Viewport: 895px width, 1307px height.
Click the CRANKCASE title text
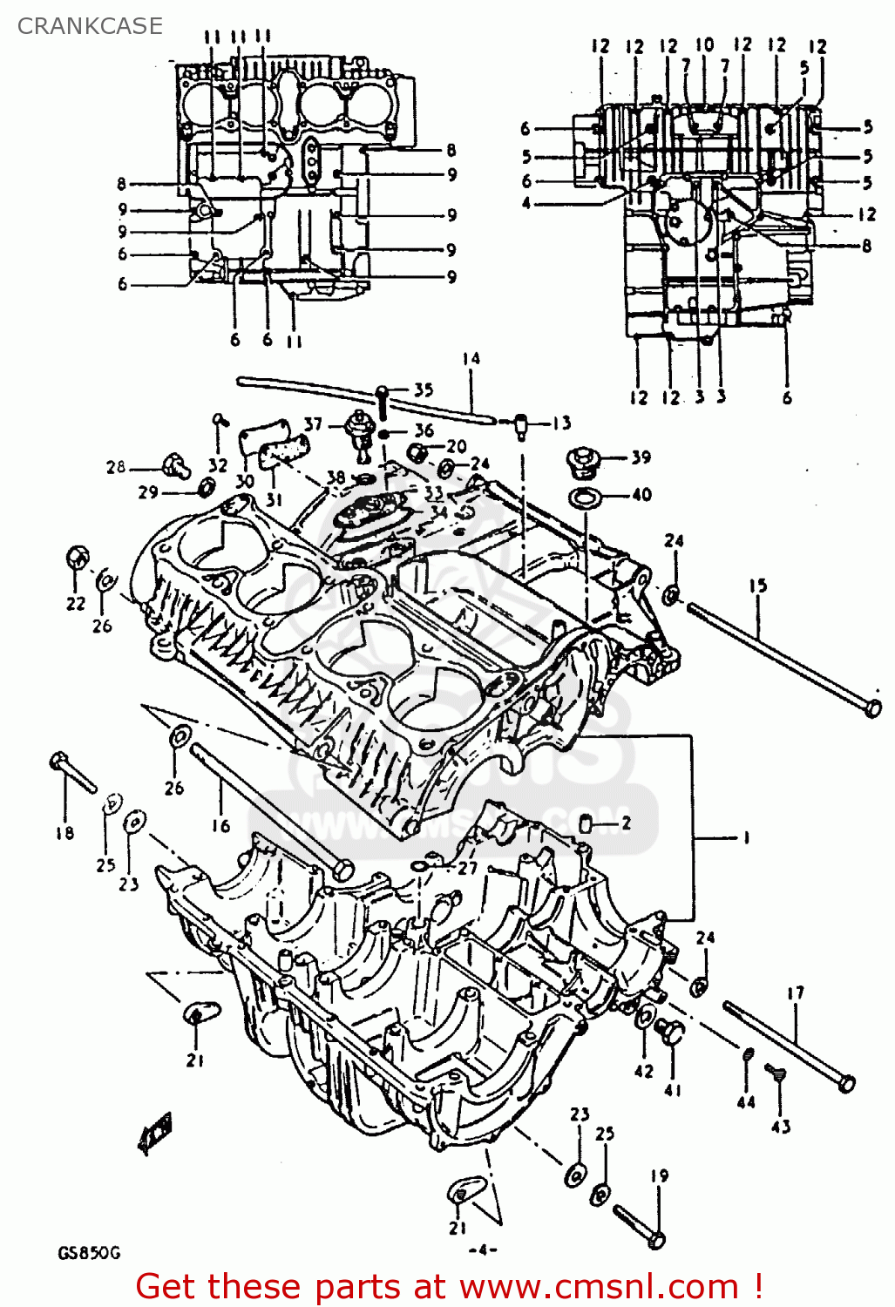click(90, 26)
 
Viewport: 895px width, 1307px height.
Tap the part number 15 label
click(757, 586)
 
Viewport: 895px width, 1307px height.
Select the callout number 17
click(795, 992)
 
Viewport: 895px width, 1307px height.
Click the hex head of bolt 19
click(656, 1238)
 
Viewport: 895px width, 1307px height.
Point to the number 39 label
click(641, 457)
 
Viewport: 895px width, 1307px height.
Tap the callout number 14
click(471, 358)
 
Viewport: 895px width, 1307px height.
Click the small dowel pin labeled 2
click(586, 823)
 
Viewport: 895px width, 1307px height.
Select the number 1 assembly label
click(746, 838)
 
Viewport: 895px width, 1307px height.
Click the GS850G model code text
click(89, 1253)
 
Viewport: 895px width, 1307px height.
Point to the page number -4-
click(483, 1250)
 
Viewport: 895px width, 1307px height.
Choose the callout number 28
click(116, 467)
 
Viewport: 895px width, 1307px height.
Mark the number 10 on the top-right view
click(704, 44)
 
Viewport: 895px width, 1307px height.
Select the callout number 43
click(780, 1126)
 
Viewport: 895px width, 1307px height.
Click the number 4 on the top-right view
click(525, 204)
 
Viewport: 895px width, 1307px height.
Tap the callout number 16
click(220, 824)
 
